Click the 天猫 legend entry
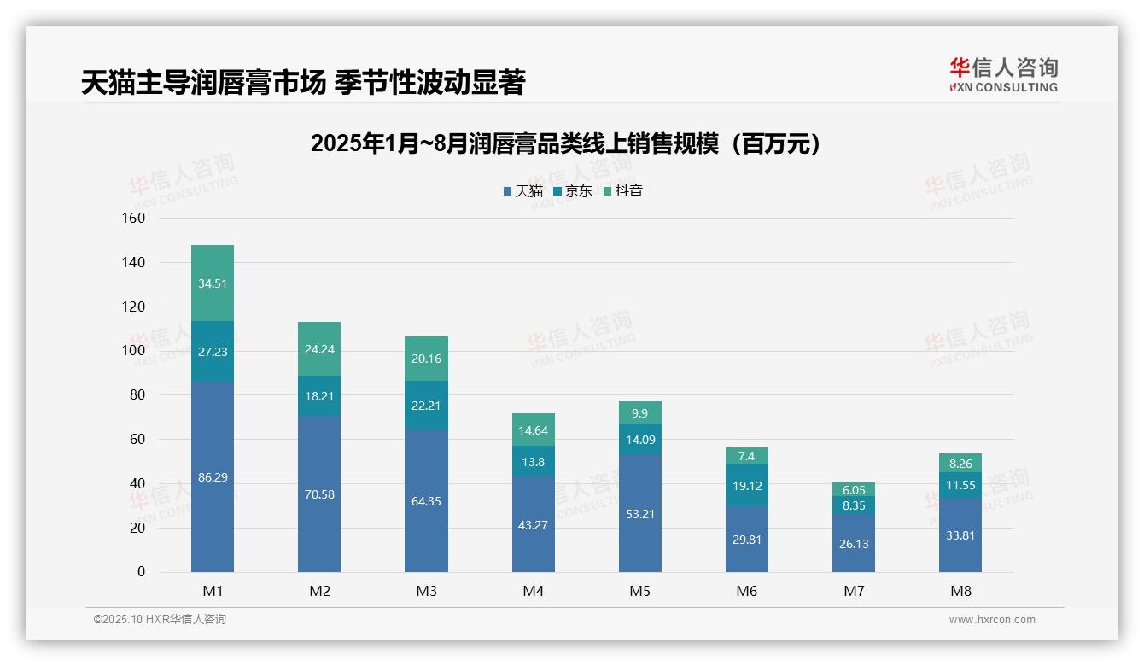pos(523,191)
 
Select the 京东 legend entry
pos(573,191)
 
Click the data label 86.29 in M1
pos(213,477)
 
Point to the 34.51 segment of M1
pos(213,283)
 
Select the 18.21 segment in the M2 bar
pos(319,396)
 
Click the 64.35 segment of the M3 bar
pos(426,501)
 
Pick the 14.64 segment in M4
pos(533,430)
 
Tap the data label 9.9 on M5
pos(639,413)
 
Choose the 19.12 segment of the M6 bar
pos(747,485)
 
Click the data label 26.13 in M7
pos(854,543)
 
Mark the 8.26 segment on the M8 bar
pos(960,464)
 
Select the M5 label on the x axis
pos(639,591)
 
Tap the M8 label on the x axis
pos(960,591)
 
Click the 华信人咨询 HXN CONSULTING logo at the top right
pos(1003,75)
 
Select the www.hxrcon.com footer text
pos(991,620)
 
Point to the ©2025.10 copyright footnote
pos(160,620)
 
